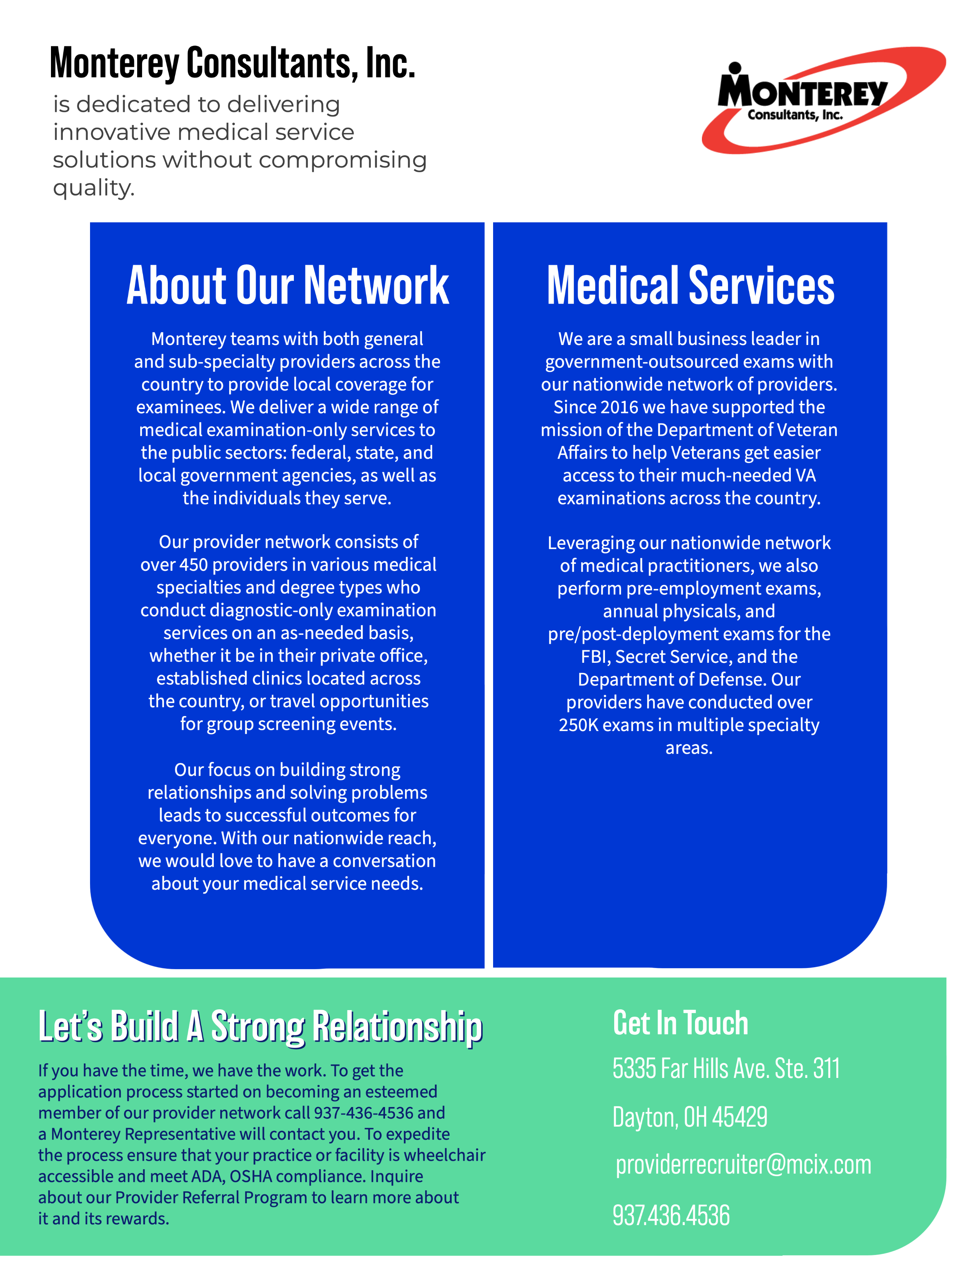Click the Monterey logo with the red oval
click(823, 100)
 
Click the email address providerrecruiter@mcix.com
click(743, 1165)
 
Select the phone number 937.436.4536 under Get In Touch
click(671, 1215)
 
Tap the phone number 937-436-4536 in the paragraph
click(364, 1113)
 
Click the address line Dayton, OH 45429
click(690, 1117)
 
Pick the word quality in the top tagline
click(94, 188)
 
